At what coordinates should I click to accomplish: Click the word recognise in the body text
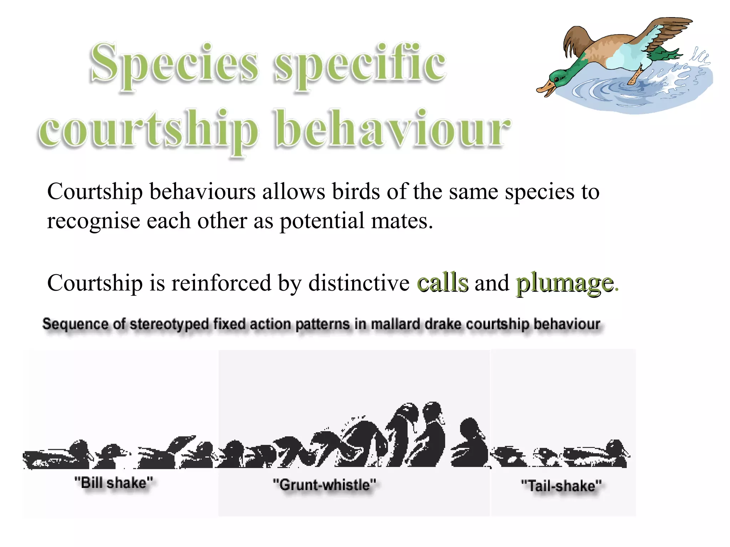93,221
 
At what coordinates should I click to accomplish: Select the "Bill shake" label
114,483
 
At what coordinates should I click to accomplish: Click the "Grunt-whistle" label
324,485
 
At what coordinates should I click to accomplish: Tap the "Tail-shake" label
561,486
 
